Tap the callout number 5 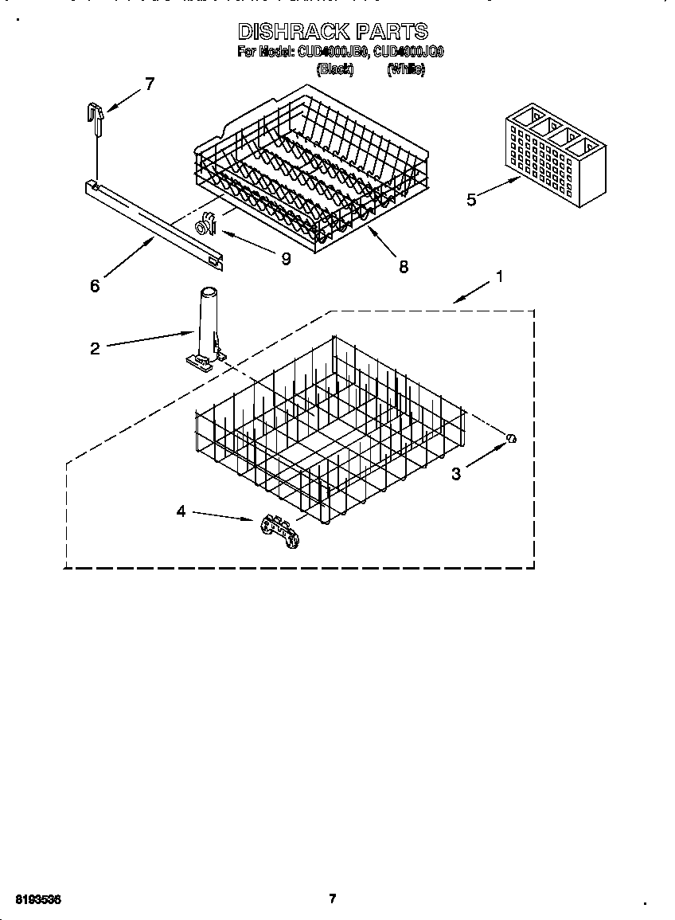(x=471, y=199)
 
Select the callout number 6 (x=95, y=285)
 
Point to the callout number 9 (x=285, y=258)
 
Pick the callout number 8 (x=404, y=267)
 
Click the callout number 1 (x=499, y=276)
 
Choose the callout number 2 (x=95, y=348)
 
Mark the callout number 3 (x=456, y=474)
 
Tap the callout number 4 (x=181, y=511)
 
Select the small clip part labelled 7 (x=96, y=116)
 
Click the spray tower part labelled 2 (x=205, y=327)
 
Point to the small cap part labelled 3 (x=513, y=437)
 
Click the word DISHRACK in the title (x=293, y=32)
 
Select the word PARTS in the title (x=391, y=32)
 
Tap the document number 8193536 (x=37, y=898)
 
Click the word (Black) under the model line (x=334, y=69)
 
